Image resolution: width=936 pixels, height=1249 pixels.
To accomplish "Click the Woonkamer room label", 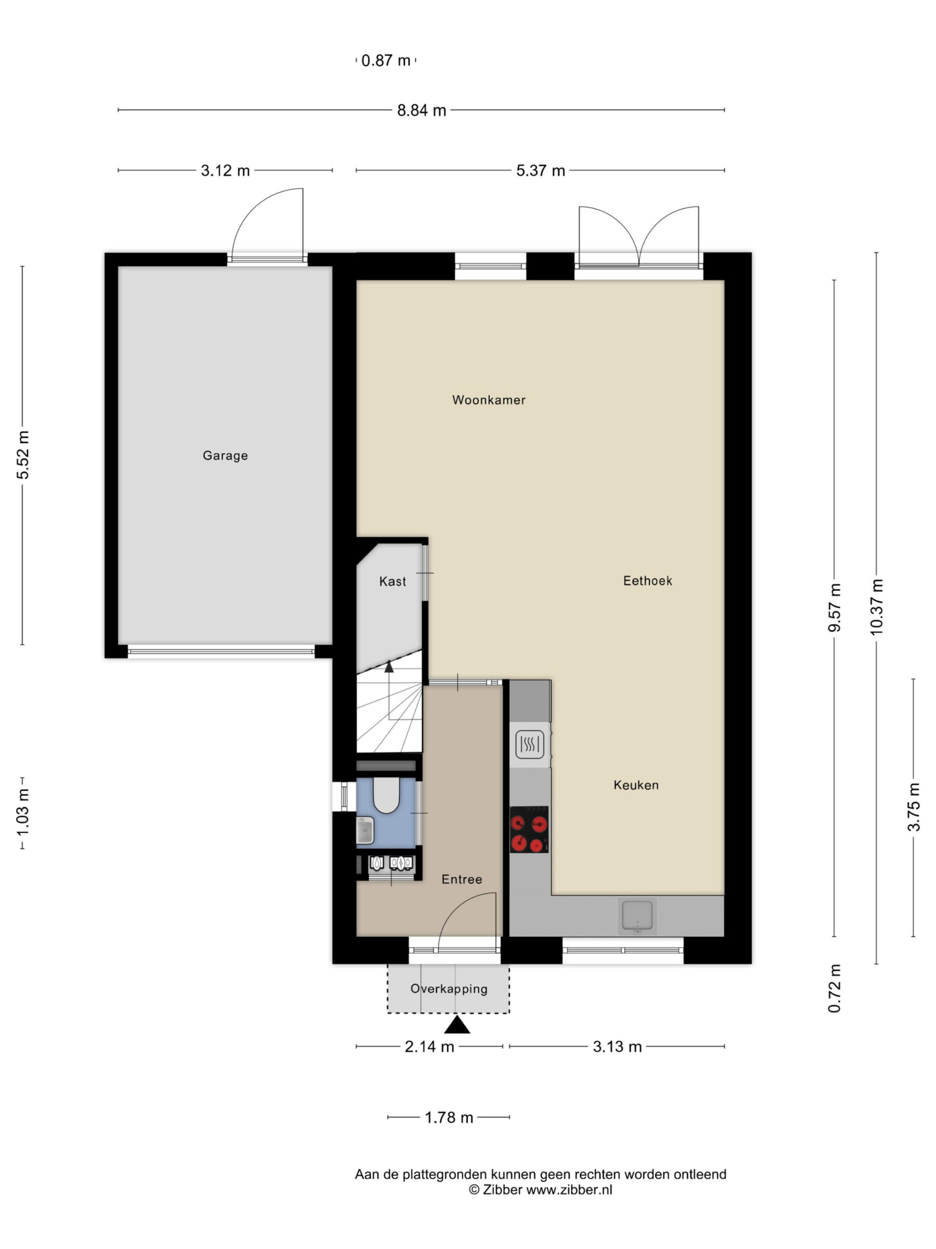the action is (488, 400).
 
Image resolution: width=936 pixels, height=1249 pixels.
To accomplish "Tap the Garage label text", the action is (225, 456).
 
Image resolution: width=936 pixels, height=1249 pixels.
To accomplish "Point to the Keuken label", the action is (636, 785).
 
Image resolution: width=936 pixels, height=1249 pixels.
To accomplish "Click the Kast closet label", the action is (392, 581).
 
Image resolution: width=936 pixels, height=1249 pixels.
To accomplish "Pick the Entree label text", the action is (462, 879).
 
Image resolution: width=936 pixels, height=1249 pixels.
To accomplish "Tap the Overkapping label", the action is (448, 988).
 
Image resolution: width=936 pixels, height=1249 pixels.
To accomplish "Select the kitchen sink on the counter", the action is (637, 915).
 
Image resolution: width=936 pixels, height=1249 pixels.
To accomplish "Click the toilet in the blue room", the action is (387, 795).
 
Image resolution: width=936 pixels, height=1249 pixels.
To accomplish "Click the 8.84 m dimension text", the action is (422, 110).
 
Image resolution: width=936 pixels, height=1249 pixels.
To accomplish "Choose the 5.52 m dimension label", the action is (22, 455).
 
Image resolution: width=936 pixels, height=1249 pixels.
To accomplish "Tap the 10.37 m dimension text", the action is (876, 607).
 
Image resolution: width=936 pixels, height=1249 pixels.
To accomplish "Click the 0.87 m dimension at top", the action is (386, 60).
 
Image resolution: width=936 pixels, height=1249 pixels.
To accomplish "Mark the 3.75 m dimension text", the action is (914, 807).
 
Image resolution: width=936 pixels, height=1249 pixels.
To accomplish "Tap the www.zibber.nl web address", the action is (569, 1189).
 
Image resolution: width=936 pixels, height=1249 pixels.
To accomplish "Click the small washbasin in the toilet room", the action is (365, 830).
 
